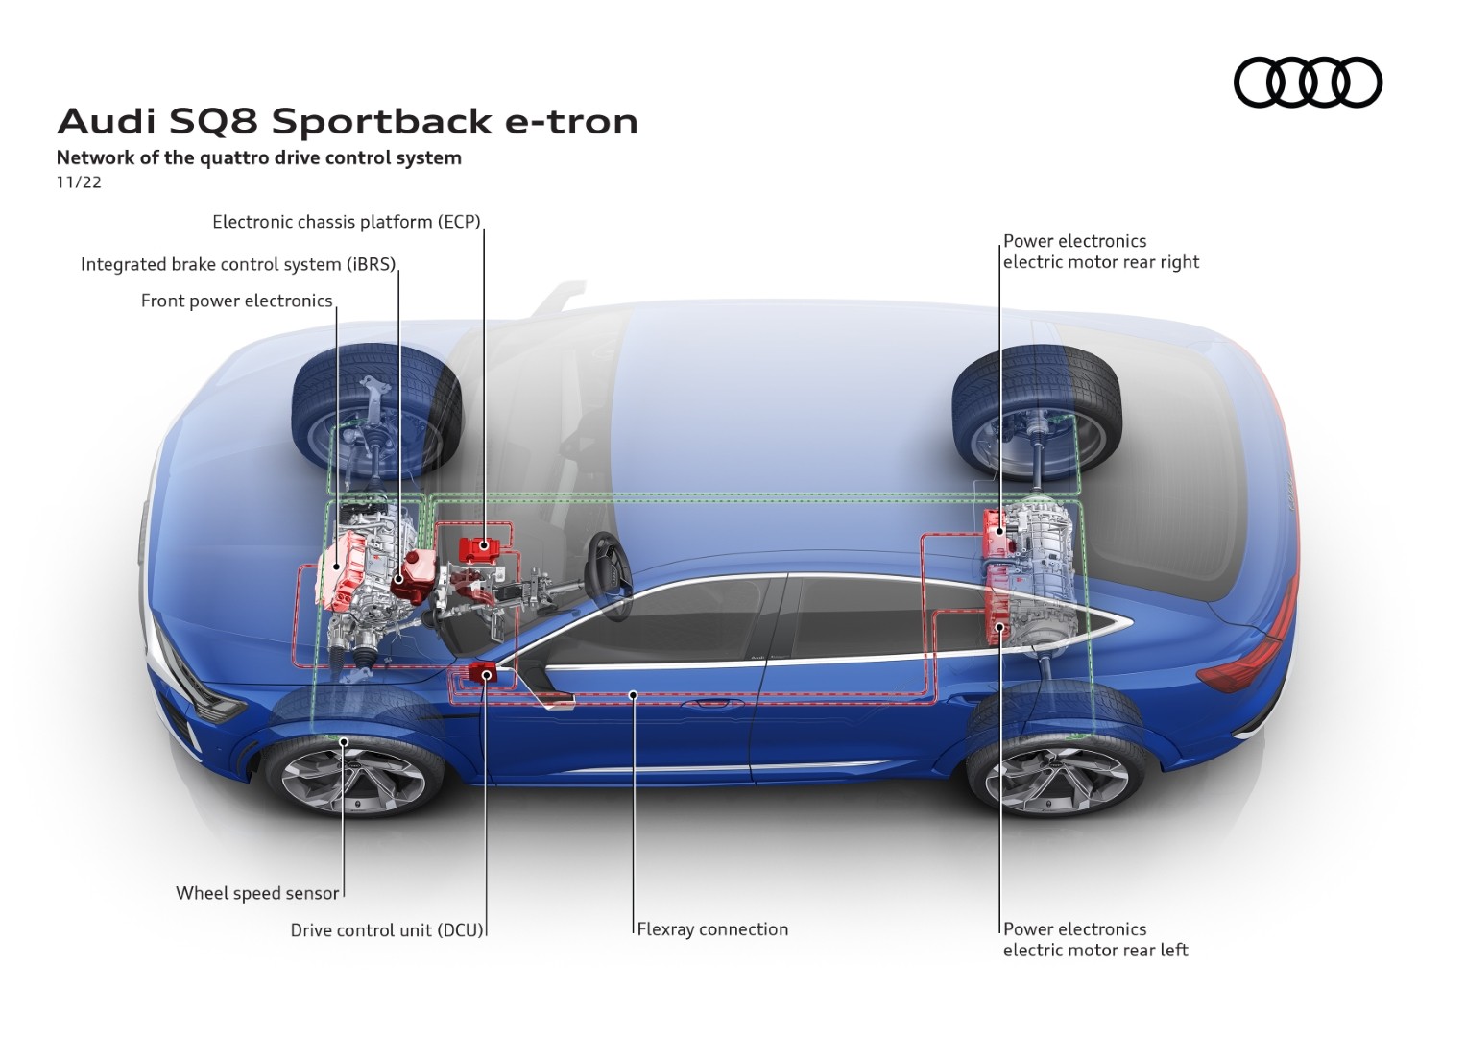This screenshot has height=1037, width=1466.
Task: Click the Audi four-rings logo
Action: [1307, 82]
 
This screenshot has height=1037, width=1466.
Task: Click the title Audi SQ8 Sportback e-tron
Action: [348, 122]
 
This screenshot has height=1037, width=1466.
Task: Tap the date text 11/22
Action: [79, 182]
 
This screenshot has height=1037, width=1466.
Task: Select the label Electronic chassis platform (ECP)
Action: [346, 222]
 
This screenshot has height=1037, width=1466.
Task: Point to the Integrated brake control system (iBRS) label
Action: [238, 264]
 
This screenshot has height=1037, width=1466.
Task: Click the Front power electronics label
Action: [236, 301]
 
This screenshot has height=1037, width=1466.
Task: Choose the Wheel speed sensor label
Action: [257, 893]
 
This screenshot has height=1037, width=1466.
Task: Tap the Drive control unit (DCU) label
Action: [387, 930]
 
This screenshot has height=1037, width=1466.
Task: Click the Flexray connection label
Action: [712, 929]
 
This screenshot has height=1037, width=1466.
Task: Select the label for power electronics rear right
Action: [1100, 252]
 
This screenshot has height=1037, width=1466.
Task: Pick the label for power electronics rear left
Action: [1094, 940]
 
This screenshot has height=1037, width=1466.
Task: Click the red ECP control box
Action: [484, 549]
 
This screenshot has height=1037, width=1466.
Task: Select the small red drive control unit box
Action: [482, 673]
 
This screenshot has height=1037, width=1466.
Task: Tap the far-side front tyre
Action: [376, 408]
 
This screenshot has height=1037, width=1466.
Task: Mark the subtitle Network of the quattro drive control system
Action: [258, 157]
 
